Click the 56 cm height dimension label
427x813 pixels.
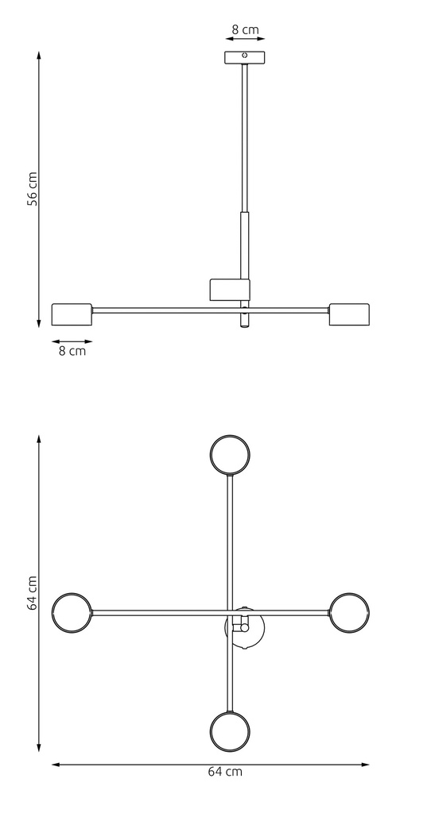click(33, 189)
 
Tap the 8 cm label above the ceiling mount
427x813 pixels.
click(245, 30)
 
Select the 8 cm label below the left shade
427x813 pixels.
click(72, 350)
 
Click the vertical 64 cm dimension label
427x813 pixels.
click(33, 593)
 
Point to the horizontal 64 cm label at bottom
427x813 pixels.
click(226, 771)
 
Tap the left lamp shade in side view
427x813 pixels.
click(72, 314)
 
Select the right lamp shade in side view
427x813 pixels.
click(349, 314)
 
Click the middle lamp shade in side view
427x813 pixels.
click(229, 291)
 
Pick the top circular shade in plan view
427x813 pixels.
click(230, 455)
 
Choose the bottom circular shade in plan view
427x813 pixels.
click(230, 729)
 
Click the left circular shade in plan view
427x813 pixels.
click(72, 612)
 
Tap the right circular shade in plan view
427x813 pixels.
click(349, 612)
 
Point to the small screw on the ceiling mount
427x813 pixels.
click(245, 56)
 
